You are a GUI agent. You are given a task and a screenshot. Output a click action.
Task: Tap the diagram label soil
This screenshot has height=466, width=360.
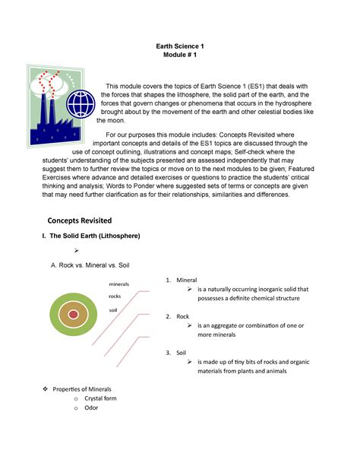coord(114,310)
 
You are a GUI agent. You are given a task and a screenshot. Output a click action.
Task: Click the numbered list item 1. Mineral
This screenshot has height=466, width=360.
coord(181,281)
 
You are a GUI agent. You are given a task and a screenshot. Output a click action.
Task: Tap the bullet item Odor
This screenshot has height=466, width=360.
coord(94,407)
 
